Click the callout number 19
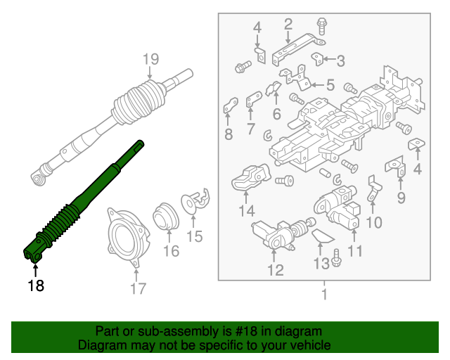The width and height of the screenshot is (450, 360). pyautogui.click(x=151, y=60)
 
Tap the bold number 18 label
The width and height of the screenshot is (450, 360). pyautogui.click(x=35, y=285)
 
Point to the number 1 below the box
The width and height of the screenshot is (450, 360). pyautogui.click(x=324, y=294)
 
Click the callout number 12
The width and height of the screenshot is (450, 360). pyautogui.click(x=275, y=269)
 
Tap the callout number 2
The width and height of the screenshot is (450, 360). pyautogui.click(x=288, y=25)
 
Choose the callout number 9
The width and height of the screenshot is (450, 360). pyautogui.click(x=401, y=196)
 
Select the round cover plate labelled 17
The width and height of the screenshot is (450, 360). pyautogui.click(x=126, y=236)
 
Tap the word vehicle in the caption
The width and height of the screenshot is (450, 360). pyautogui.click(x=310, y=345)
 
